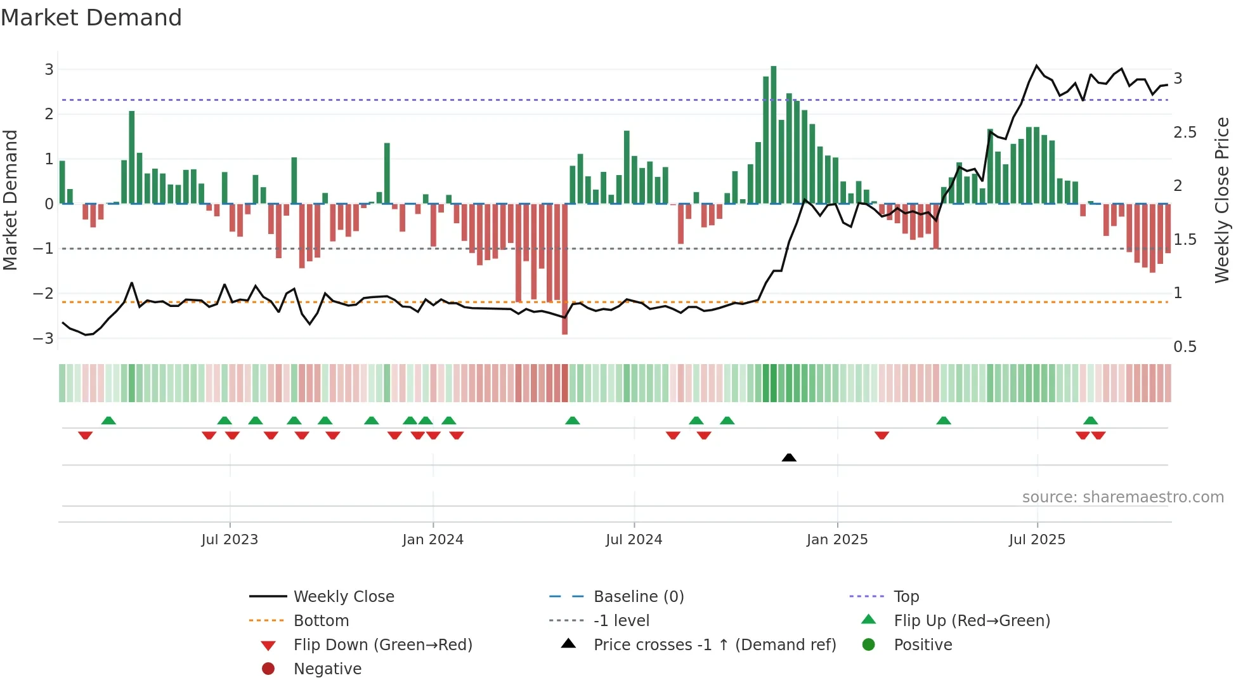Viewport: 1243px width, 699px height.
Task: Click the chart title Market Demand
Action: [x=91, y=18]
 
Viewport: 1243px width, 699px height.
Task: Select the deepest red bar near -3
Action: [x=564, y=269]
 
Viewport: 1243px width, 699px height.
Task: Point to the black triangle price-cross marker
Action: [x=789, y=457]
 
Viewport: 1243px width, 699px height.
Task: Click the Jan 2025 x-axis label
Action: [x=836, y=539]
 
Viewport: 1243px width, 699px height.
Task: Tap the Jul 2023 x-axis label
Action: [x=230, y=539]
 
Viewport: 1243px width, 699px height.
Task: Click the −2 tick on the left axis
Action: [x=44, y=293]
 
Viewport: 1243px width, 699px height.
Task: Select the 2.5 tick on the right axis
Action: [x=1185, y=132]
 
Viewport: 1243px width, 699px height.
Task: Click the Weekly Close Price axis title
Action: [x=1221, y=200]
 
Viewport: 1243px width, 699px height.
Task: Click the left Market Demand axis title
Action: [x=10, y=200]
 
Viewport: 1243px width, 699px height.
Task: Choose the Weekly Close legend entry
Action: [x=343, y=596]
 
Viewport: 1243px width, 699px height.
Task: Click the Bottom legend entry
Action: [x=321, y=620]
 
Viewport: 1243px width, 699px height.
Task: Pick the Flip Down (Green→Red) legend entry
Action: [x=382, y=644]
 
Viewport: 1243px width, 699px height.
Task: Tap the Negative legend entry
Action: [x=327, y=669]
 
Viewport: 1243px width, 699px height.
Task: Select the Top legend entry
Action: [x=906, y=596]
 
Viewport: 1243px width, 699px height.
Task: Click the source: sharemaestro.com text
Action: [x=1123, y=497]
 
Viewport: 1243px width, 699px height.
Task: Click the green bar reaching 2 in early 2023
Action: [x=132, y=157]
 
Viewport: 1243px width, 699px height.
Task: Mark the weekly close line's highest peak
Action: [x=1037, y=65]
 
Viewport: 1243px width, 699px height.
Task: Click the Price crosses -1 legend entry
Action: [x=714, y=644]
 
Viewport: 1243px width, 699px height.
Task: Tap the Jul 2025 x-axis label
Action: [x=1037, y=539]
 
